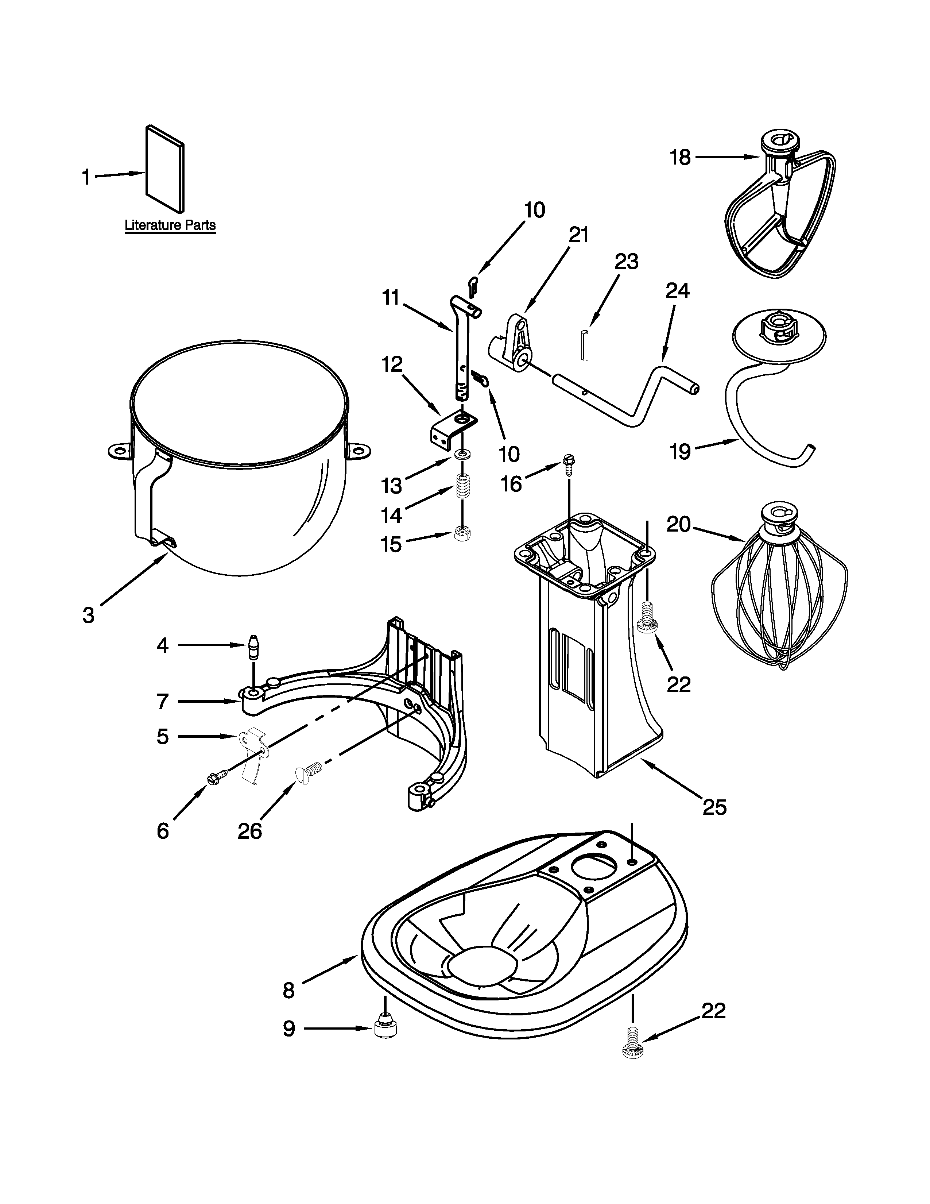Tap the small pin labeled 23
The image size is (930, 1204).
point(585,345)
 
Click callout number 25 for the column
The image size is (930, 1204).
point(714,807)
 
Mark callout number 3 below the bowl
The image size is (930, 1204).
point(89,615)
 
